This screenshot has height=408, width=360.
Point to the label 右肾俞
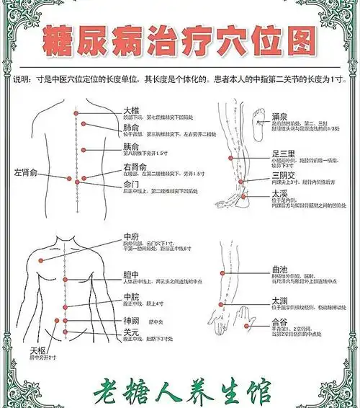pyautogui.click(x=138, y=167)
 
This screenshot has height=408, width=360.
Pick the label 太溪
pyautogui.click(x=281, y=194)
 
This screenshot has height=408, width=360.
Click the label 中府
pyautogui.click(x=131, y=236)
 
